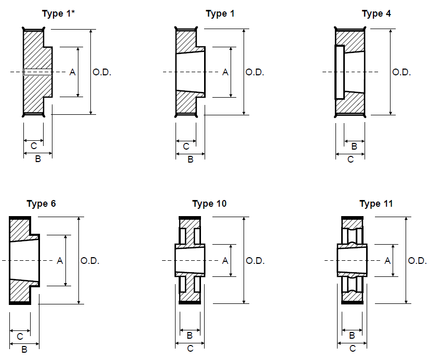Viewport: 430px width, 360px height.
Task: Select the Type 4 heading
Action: pos(377,14)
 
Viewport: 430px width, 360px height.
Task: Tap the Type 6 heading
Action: pos(41,203)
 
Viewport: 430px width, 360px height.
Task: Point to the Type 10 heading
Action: pos(209,204)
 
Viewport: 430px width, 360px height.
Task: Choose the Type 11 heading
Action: pos(376,204)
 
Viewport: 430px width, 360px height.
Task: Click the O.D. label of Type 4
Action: pos(401,72)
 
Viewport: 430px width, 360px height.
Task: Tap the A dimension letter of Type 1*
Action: pos(73,72)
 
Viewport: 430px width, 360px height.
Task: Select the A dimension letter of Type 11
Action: pos(387,260)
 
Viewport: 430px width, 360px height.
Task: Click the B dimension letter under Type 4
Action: pos(354,146)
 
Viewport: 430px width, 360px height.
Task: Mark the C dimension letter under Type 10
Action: pos(190,349)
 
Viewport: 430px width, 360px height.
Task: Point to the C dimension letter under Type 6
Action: pos(20,336)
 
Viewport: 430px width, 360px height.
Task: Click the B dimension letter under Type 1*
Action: pos(38,159)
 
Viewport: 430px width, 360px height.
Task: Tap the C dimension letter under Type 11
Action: pos(353,349)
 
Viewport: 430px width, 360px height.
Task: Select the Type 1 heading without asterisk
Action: pos(220,14)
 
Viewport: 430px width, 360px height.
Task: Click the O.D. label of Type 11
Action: pos(418,260)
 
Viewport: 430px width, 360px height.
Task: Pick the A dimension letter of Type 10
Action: pos(225,260)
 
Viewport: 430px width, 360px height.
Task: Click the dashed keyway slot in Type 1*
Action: pos(37,72)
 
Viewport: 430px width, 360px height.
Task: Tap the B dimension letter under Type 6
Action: pos(24,350)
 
